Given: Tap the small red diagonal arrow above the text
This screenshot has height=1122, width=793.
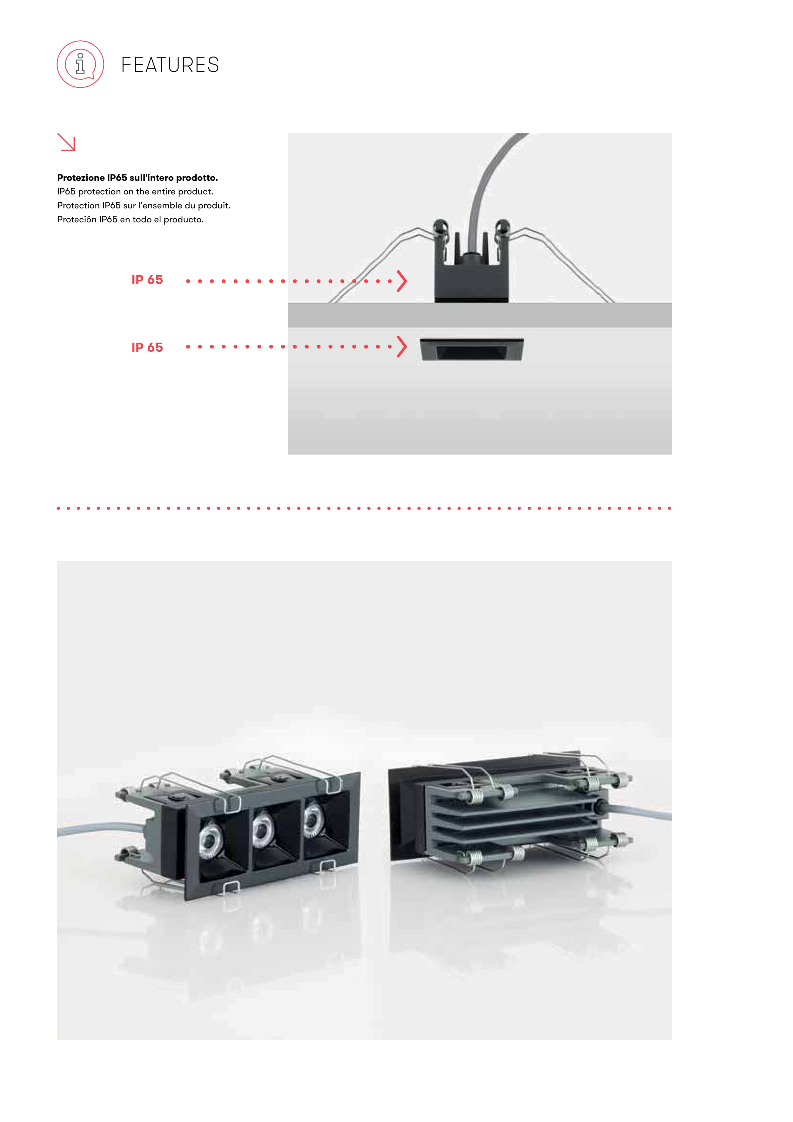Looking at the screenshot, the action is pyautogui.click(x=66, y=142).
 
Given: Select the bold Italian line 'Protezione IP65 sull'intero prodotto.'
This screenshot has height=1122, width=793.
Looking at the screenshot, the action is pyautogui.click(x=137, y=177).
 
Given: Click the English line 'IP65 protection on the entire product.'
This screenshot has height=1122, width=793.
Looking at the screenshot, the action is pyautogui.click(x=135, y=192).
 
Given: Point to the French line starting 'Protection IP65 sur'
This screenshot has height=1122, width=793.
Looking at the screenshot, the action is pyautogui.click(x=144, y=205).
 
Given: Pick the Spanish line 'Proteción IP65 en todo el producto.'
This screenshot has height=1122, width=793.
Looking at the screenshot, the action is pyautogui.click(x=131, y=220).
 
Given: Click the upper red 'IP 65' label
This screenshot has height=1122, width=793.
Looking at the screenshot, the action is pyautogui.click(x=147, y=280).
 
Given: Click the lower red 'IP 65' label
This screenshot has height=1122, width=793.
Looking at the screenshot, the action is pyautogui.click(x=147, y=348).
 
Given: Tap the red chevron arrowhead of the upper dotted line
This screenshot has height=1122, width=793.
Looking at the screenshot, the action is pyautogui.click(x=402, y=281).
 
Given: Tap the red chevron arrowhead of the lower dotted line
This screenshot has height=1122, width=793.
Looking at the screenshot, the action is pyautogui.click(x=402, y=347).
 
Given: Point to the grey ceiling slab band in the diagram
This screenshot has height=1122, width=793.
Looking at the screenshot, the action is pyautogui.click(x=479, y=315).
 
